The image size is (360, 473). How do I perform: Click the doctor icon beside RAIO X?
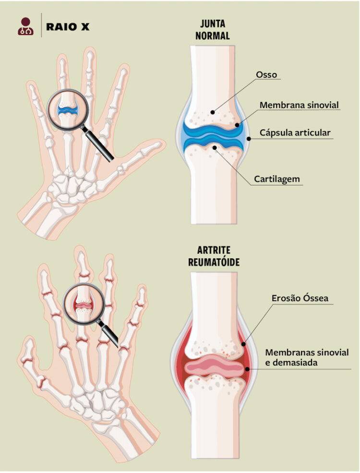(25, 26)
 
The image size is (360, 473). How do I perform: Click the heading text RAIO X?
(68, 27)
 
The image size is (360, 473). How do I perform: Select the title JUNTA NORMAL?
(213, 30)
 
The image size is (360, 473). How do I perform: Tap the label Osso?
(266, 74)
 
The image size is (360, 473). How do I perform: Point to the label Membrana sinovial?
(299, 105)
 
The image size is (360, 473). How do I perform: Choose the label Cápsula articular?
(295, 133)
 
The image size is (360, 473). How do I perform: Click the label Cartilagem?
(277, 179)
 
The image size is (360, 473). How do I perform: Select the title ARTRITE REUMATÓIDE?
(214, 256)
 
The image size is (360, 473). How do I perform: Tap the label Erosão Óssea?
(300, 298)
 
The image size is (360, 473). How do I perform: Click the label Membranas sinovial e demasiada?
(307, 357)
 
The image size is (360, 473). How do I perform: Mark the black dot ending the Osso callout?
(213, 112)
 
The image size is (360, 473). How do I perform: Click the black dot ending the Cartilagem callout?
(215, 147)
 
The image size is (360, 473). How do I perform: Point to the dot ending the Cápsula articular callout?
(249, 139)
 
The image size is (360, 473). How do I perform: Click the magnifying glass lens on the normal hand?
(68, 110)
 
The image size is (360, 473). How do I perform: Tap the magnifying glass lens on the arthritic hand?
(84, 304)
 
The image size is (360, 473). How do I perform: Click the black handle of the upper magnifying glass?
(98, 144)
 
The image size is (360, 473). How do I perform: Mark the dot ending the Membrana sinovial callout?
(237, 125)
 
